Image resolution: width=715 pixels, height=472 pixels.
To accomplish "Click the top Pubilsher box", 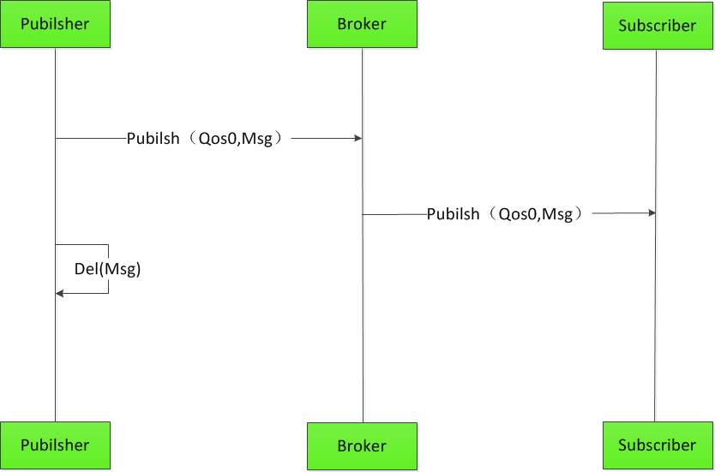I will click(55, 24).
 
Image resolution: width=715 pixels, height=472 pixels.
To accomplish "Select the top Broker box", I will click(362, 24).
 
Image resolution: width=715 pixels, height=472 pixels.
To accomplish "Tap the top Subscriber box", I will click(657, 26).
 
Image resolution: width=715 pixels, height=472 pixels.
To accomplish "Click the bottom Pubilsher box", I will click(55, 445).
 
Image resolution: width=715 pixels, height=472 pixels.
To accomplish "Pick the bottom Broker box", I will click(362, 446).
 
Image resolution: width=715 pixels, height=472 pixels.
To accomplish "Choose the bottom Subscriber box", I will click(657, 445).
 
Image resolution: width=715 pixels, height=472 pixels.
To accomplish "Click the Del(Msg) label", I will click(107, 269).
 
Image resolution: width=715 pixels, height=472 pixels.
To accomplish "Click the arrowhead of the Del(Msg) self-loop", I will click(60, 294).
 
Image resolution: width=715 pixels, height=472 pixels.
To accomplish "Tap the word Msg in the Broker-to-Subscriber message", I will click(557, 214).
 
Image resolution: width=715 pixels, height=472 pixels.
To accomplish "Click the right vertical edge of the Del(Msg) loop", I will click(108, 257).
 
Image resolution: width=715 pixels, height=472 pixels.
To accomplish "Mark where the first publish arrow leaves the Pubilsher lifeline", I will click(57, 138).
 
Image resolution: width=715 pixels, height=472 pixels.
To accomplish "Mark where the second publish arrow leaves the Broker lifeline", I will click(364, 214).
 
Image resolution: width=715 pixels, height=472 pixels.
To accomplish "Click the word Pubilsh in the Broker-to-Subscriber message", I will click(454, 214).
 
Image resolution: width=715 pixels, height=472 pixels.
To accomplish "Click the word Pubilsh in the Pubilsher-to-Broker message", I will click(153, 139).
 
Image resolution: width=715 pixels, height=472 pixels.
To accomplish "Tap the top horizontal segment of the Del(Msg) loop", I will click(82, 245).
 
